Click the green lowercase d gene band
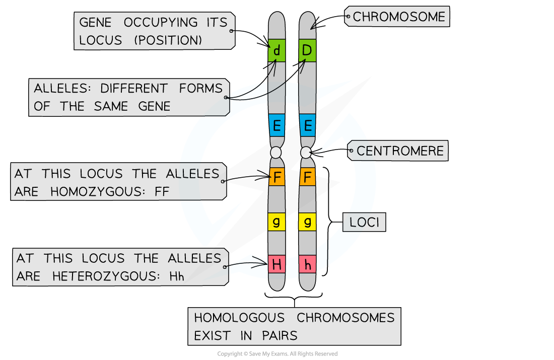[276, 50]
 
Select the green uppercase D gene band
[307, 50]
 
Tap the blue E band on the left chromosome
[276, 125]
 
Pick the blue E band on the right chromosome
[307, 125]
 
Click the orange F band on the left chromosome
[276, 177]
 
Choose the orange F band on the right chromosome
[307, 177]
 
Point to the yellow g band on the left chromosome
[276, 221]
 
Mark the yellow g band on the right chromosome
[307, 221]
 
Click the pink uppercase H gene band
[276, 264]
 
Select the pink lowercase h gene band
[307, 264]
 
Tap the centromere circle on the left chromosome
[275, 152]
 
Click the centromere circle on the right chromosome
[306, 152]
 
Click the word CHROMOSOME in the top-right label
[399, 17]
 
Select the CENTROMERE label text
[400, 151]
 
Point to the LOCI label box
[364, 222]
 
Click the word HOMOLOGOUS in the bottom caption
[239, 318]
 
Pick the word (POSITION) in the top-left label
[168, 40]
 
